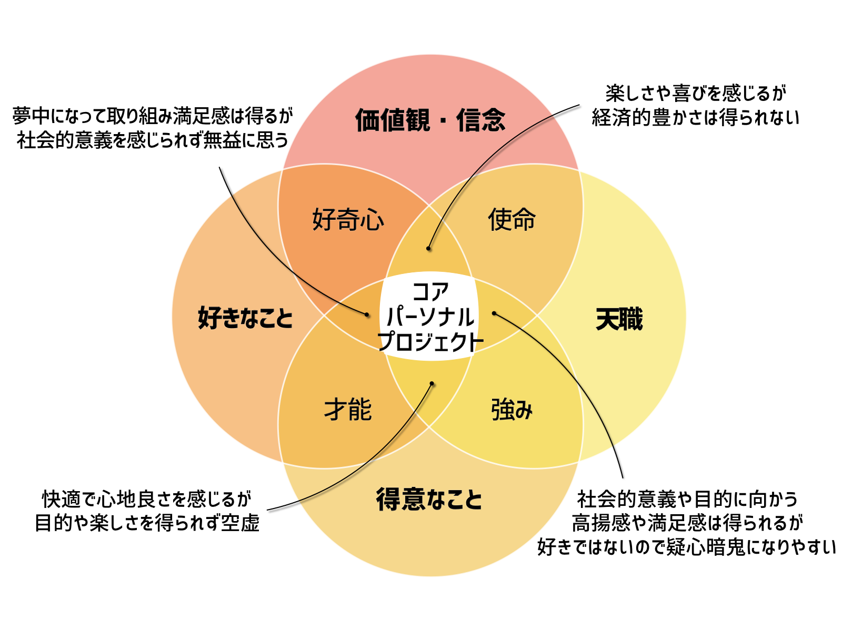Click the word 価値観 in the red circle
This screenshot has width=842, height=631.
click(392, 120)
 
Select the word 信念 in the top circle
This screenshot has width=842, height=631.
click(481, 120)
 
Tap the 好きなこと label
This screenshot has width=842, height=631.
click(245, 318)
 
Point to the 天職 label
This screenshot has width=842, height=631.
click(619, 319)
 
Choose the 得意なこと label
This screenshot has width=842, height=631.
click(429, 499)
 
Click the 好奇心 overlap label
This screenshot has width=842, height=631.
click(348, 219)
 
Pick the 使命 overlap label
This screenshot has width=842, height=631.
click(512, 219)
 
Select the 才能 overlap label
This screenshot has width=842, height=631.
click(348, 410)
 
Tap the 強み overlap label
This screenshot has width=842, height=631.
click(512, 410)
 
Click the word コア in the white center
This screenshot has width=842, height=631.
click(430, 291)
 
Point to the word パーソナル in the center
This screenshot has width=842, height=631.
click(430, 317)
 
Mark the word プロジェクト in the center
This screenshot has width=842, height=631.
click(430, 342)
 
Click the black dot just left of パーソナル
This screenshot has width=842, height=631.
click(367, 314)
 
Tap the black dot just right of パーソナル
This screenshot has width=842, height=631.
click(494, 313)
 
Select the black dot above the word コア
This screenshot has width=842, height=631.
click(429, 248)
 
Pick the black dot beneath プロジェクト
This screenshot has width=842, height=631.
click(432, 383)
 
